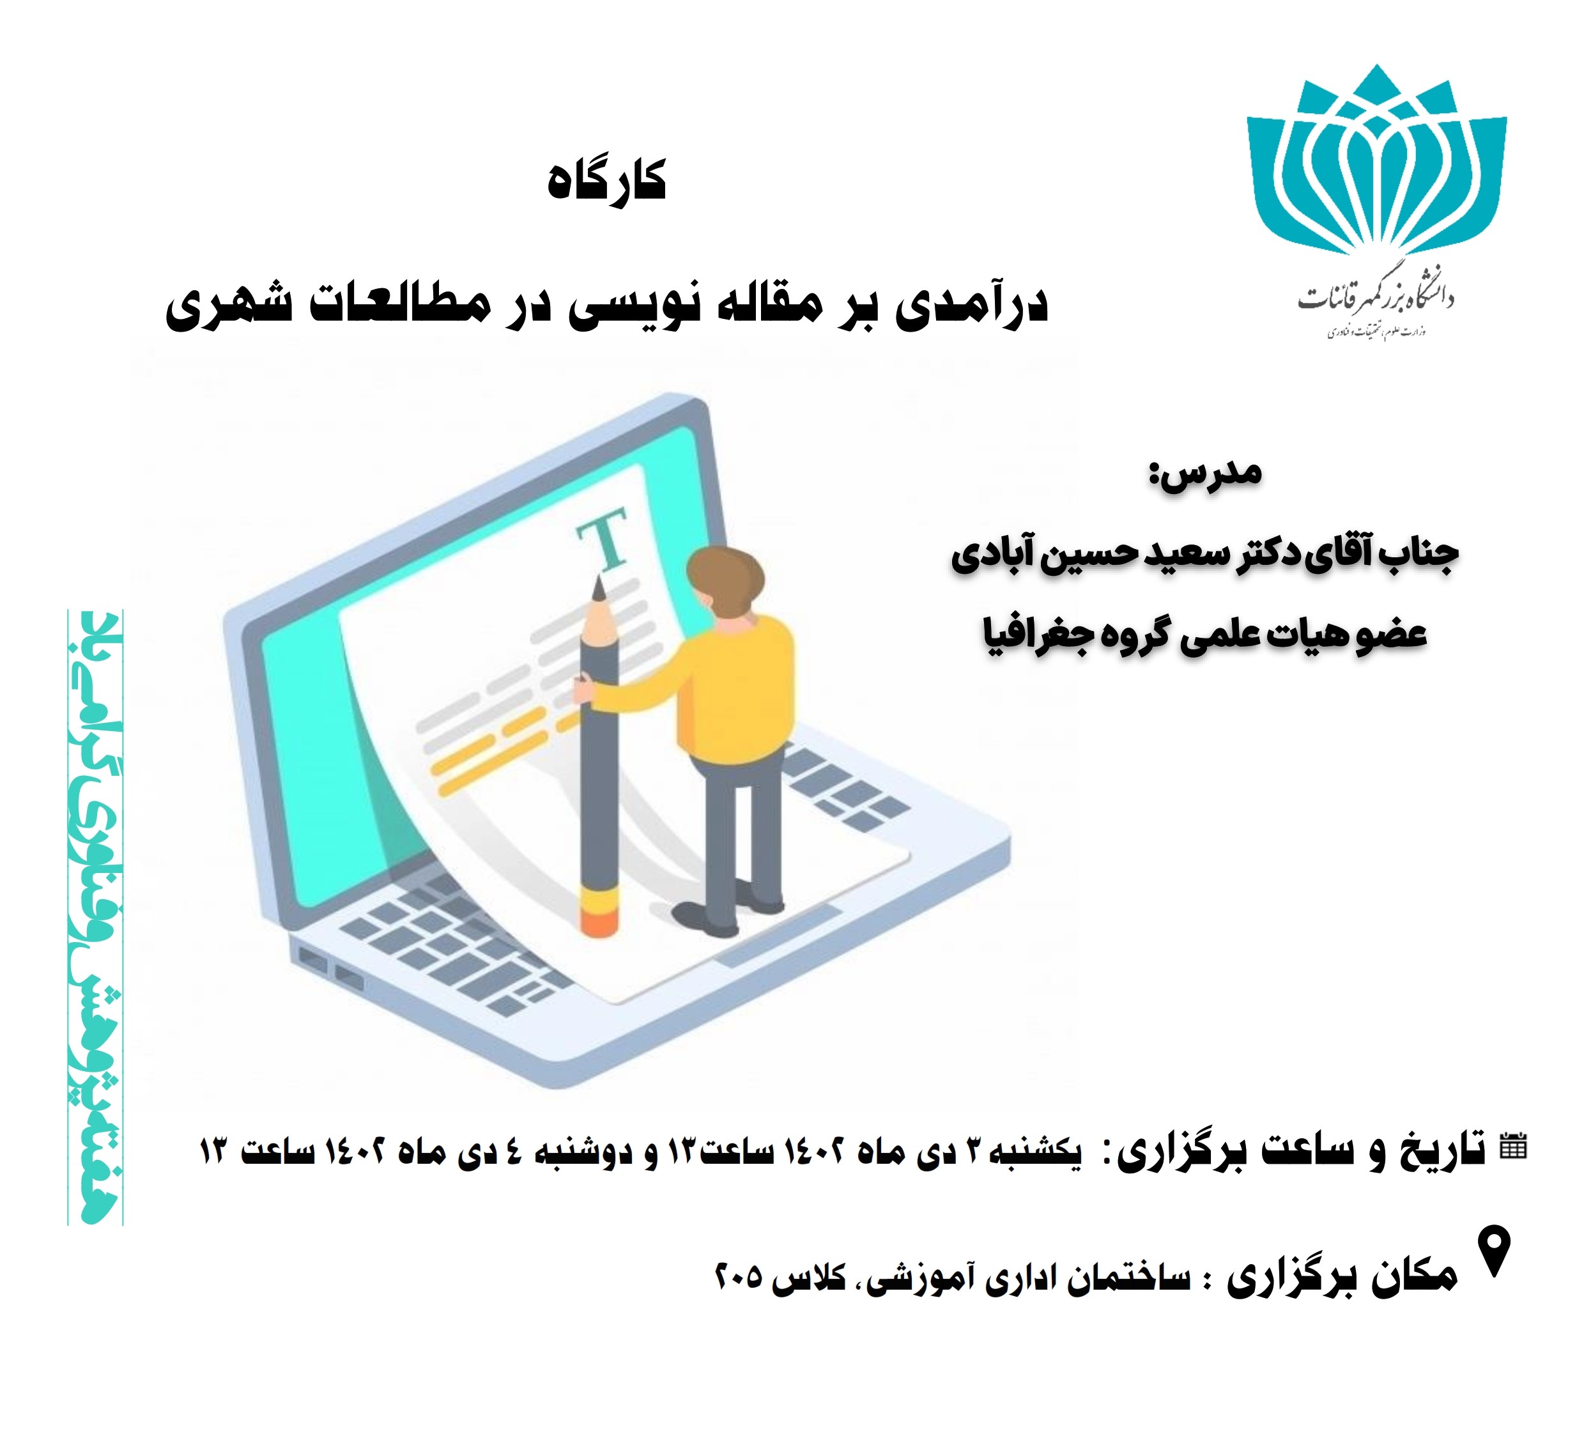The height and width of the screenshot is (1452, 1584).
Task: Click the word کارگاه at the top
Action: tap(606, 180)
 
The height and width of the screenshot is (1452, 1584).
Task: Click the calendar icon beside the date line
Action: tap(1513, 1147)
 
